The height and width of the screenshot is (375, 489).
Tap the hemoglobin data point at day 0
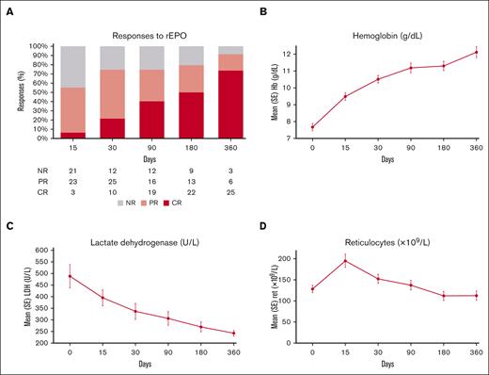click(312, 127)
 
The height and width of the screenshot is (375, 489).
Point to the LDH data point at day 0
click(70, 276)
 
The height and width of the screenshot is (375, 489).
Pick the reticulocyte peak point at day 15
click(344, 261)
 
